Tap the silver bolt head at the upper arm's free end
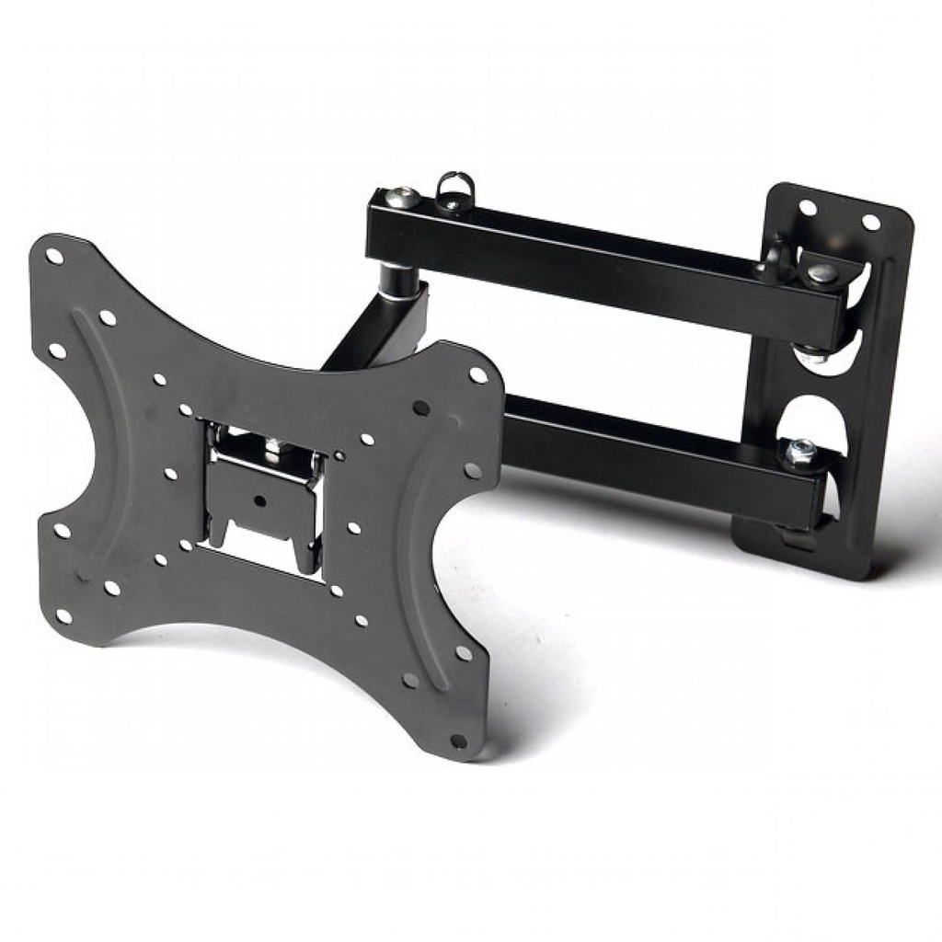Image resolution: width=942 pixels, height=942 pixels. coord(401,196)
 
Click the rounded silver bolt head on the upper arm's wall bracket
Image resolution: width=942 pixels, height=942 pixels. coord(822,272)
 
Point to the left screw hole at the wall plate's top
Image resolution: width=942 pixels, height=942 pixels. coord(808,208)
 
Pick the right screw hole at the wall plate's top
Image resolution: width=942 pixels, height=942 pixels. coord(869,223)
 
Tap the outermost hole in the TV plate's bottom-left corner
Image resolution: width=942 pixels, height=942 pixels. coord(63,615)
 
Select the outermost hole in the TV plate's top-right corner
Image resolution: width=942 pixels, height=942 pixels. coord(477,374)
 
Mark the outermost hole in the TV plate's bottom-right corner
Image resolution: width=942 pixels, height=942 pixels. coord(457,740)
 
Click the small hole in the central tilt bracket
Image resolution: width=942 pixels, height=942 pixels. coord(260,502)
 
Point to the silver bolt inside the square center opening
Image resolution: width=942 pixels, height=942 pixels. coord(272,446)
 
